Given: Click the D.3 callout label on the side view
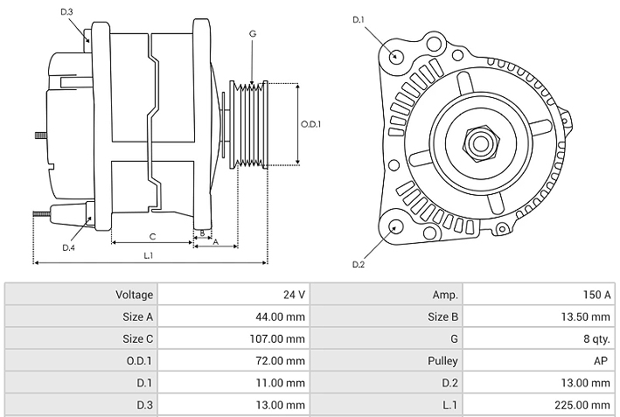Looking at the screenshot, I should click(x=67, y=11).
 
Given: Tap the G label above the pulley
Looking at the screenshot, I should click(x=252, y=34).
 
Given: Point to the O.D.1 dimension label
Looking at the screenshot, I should click(x=310, y=124).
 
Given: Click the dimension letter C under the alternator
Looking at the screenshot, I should click(x=152, y=236).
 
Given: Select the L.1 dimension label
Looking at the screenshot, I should click(x=149, y=255).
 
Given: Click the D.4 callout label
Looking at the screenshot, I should click(x=68, y=247).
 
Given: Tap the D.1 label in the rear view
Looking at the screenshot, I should click(x=358, y=19).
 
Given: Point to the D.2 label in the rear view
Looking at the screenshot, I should click(x=358, y=264).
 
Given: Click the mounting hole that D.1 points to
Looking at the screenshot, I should click(x=396, y=57).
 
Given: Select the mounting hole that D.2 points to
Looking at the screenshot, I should click(x=394, y=227).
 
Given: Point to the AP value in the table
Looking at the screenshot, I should click(x=603, y=360).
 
